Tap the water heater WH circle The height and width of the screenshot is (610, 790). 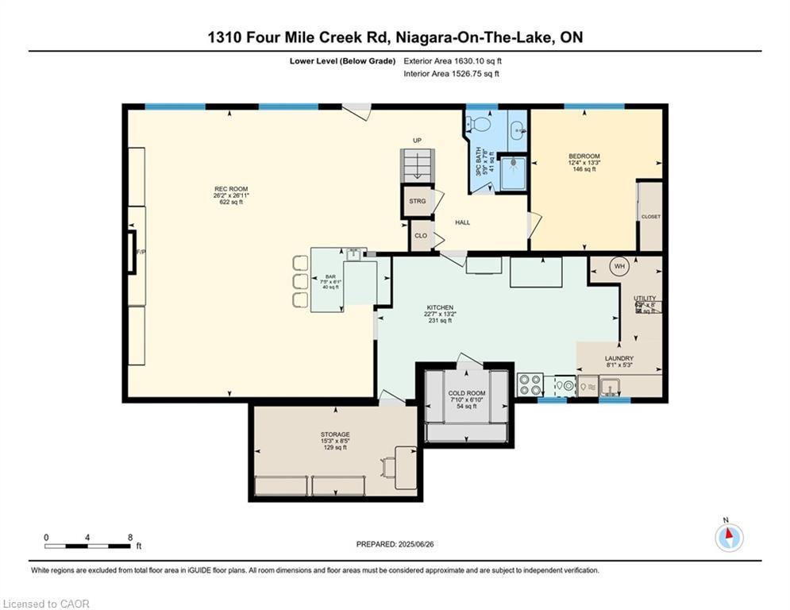[x=619, y=267]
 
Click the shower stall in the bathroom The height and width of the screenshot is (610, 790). [x=514, y=170]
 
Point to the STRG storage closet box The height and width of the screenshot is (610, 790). [x=418, y=201]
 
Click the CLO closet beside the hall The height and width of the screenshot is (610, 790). [x=420, y=236]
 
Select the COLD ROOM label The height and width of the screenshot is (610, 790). [x=466, y=394]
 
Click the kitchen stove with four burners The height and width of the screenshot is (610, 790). [x=530, y=385]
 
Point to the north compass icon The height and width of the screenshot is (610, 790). [x=728, y=537]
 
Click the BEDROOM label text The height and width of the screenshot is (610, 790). [x=584, y=156]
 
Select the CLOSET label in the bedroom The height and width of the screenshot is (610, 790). [x=650, y=216]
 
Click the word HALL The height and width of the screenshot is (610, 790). [x=462, y=222]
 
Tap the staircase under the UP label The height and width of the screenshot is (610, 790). [x=416, y=165]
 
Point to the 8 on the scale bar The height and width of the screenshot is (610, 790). [x=129, y=537]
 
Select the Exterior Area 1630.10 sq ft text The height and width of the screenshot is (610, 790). [x=453, y=60]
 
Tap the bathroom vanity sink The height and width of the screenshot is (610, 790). [x=518, y=126]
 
